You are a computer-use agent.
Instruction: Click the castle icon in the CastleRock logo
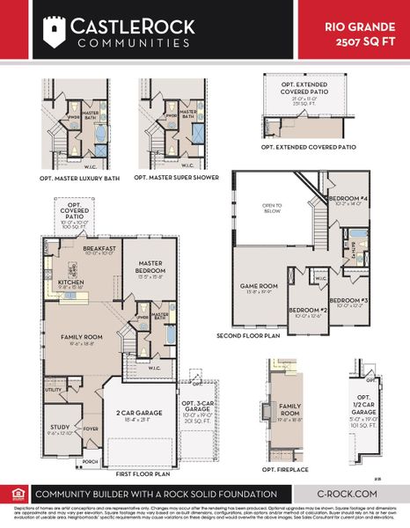55,31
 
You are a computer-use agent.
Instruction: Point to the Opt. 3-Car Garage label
197,409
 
